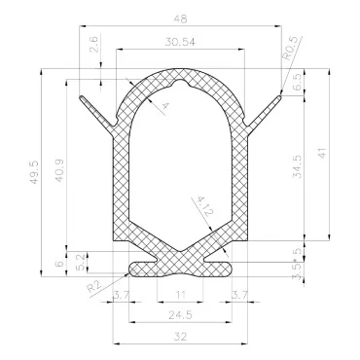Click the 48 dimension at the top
pos(180,18)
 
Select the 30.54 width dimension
pos(180,43)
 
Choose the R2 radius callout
pos(92,285)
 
